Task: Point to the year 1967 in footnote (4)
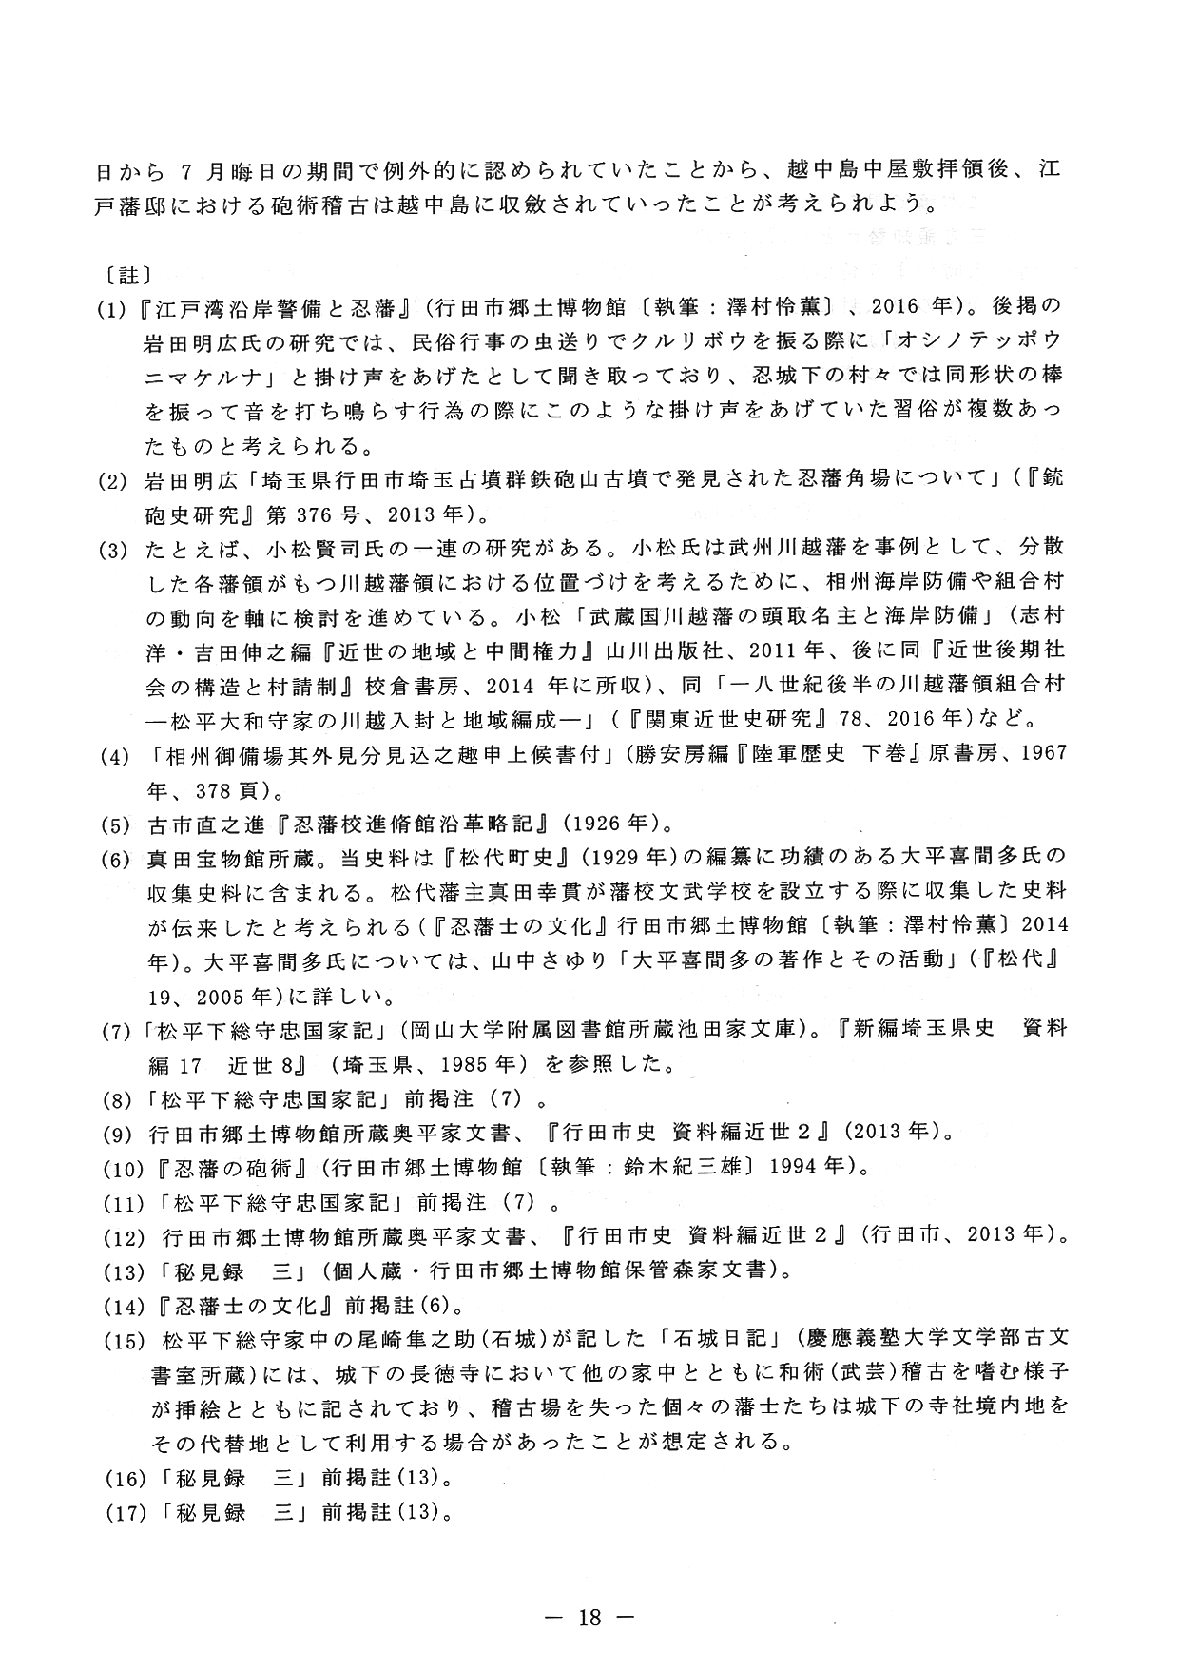coord(1037,754)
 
